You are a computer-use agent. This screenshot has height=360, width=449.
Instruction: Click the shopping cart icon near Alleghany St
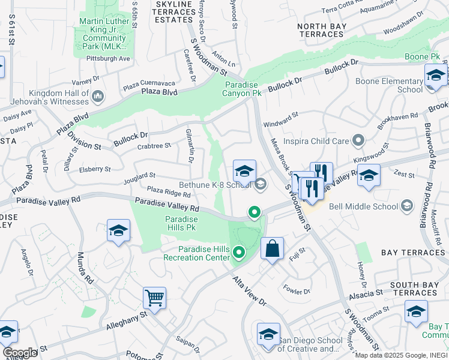(x=154, y=297)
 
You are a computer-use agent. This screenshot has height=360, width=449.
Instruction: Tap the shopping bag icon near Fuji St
(x=272, y=248)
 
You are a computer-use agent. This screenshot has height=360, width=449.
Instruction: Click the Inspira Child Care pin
(x=359, y=141)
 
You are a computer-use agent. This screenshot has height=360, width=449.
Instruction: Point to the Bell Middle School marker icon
(x=407, y=206)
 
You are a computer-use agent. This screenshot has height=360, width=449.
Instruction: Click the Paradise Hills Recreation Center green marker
(x=240, y=253)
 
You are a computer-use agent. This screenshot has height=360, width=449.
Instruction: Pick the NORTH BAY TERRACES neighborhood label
(x=321, y=30)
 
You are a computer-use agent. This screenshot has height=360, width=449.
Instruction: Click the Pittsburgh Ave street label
(x=109, y=59)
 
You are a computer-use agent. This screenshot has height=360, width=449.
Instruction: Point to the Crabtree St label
(x=154, y=145)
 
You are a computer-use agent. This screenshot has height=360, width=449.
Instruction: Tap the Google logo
(x=20, y=353)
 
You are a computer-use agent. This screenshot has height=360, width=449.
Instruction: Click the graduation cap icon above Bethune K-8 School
(x=244, y=172)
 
